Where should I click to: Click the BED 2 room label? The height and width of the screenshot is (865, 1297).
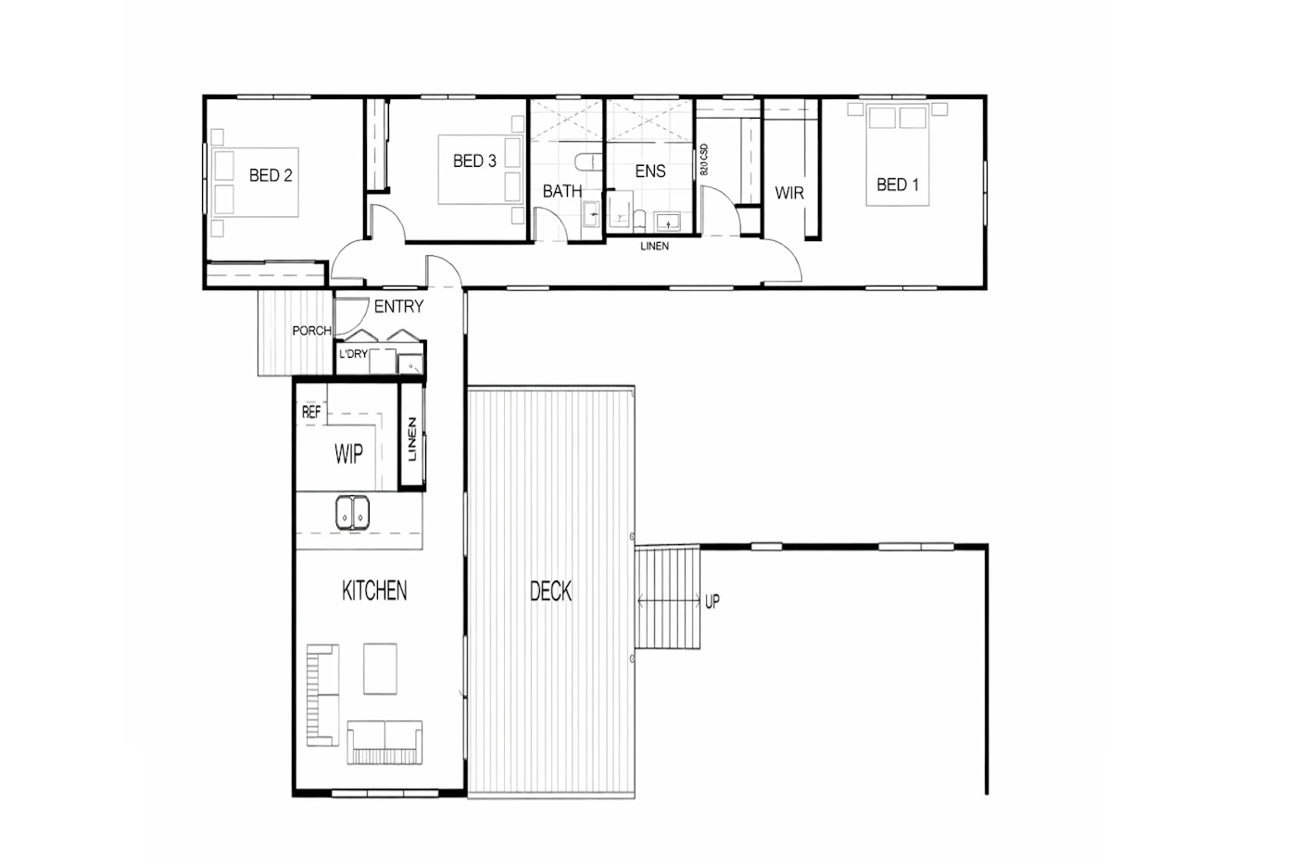pyautogui.click(x=271, y=175)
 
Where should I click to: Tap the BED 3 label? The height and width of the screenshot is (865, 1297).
pyautogui.click(x=474, y=160)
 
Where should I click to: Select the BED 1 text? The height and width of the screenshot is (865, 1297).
pyautogui.click(x=898, y=184)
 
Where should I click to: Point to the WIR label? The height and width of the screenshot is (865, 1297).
pyautogui.click(x=789, y=193)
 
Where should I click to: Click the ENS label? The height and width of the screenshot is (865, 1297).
pyautogui.click(x=650, y=171)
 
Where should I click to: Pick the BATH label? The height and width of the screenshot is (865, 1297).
pyautogui.click(x=562, y=191)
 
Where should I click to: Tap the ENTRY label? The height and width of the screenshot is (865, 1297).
pyautogui.click(x=398, y=307)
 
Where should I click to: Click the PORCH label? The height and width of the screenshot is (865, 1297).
pyautogui.click(x=311, y=331)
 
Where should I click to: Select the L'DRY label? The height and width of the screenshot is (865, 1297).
pyautogui.click(x=353, y=354)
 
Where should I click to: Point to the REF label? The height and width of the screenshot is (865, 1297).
pyautogui.click(x=311, y=412)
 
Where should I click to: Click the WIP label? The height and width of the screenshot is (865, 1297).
pyautogui.click(x=348, y=454)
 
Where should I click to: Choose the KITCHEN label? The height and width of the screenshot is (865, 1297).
pyautogui.click(x=374, y=591)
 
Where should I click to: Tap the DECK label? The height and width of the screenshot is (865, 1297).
pyautogui.click(x=550, y=592)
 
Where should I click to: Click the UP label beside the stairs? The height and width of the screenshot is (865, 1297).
pyautogui.click(x=712, y=602)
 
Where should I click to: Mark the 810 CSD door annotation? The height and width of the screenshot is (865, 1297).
pyautogui.click(x=704, y=159)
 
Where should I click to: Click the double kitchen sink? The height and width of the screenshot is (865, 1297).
pyautogui.click(x=352, y=513)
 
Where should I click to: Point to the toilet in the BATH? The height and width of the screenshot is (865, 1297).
pyautogui.click(x=589, y=161)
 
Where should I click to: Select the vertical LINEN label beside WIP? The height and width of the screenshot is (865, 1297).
pyautogui.click(x=412, y=439)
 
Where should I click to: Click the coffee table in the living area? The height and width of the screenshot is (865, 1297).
pyautogui.click(x=381, y=668)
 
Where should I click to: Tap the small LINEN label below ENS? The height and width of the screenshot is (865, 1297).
pyautogui.click(x=654, y=247)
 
